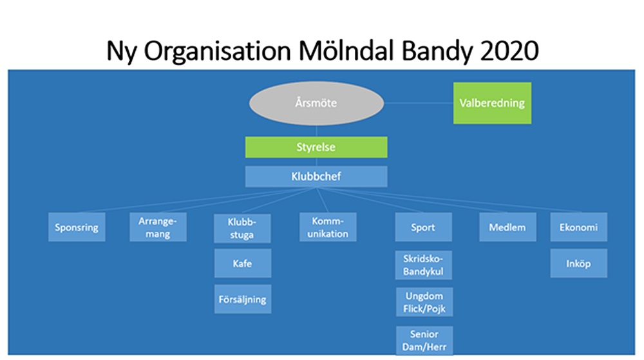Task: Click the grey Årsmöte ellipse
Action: [x=316, y=103]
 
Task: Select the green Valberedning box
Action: [x=492, y=103]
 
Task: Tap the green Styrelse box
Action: [x=316, y=147]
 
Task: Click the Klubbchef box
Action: [x=316, y=176]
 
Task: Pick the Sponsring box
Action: [x=77, y=227]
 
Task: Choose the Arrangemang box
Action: [x=158, y=227]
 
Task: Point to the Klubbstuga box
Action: [x=242, y=228]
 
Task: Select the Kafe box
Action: [x=243, y=263]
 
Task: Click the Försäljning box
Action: [x=243, y=299]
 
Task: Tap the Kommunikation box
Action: [x=328, y=227]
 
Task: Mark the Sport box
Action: [x=424, y=227]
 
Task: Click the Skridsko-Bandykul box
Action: [x=424, y=265]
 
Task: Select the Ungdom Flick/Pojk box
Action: [x=424, y=302]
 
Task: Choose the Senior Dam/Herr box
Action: [x=424, y=340]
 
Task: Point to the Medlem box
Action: [x=507, y=227]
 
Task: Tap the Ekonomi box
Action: [x=579, y=227]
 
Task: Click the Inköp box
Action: [x=579, y=263]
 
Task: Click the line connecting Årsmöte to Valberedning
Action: [x=419, y=103]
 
